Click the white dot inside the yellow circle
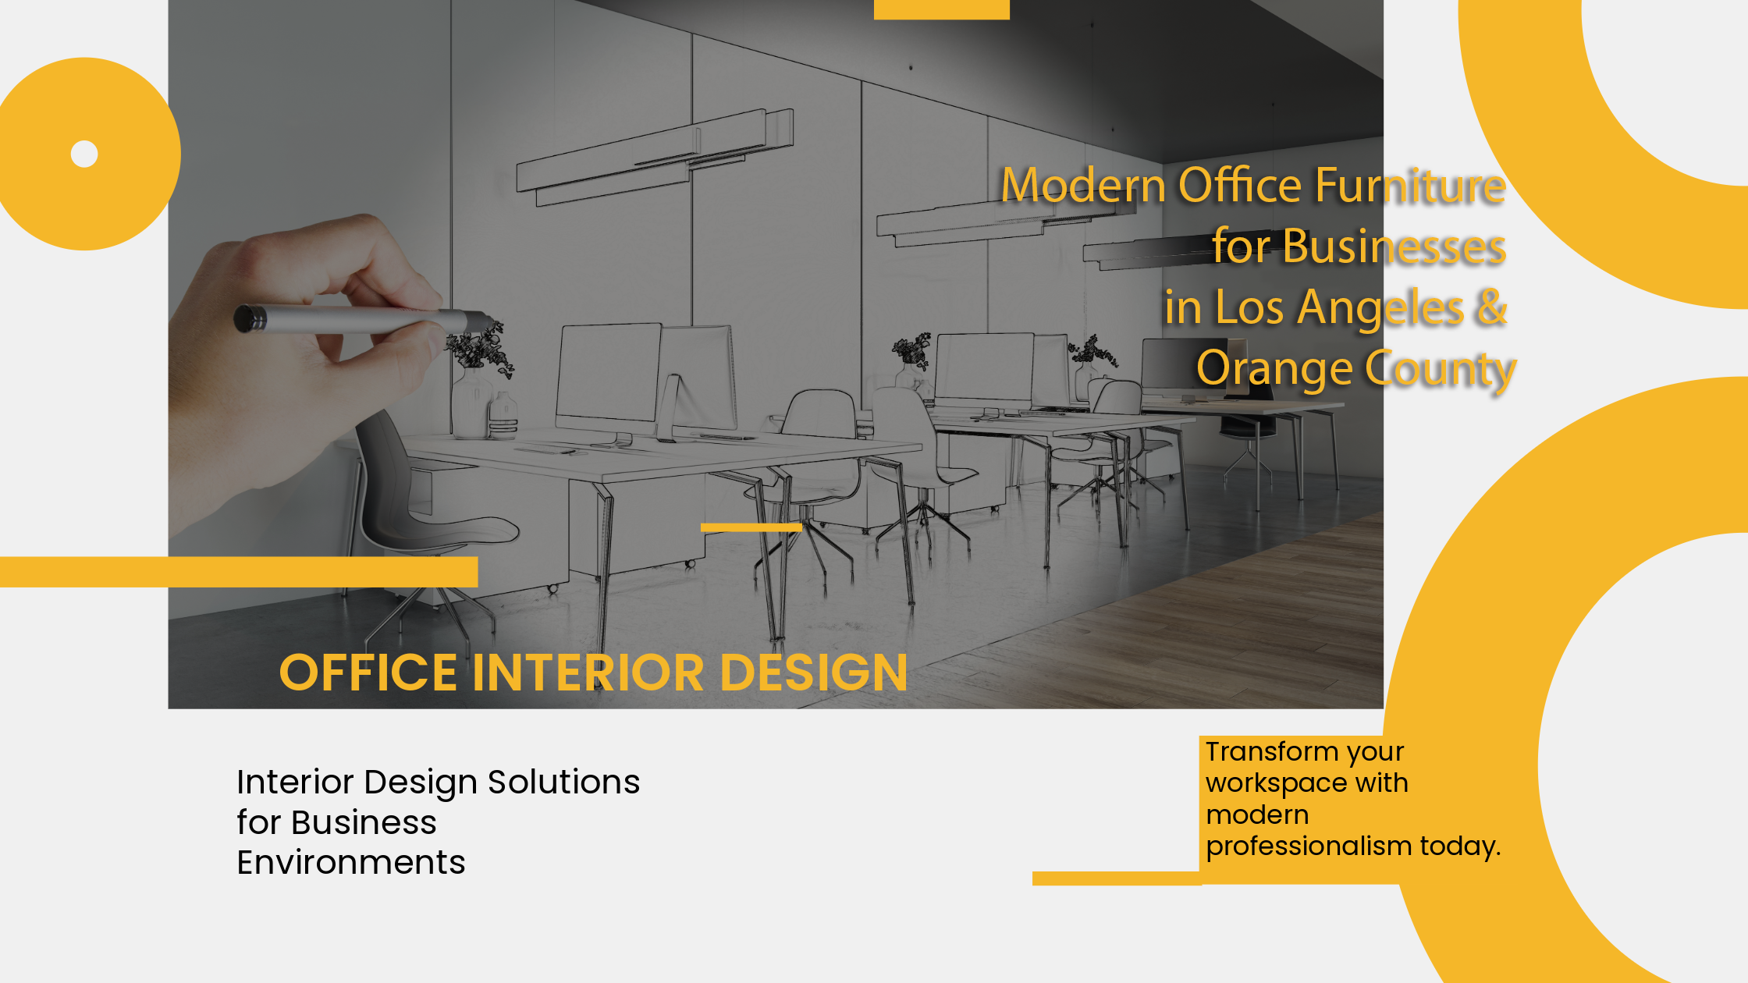point(84,154)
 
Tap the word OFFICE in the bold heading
point(368,672)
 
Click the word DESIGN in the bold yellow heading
point(814,672)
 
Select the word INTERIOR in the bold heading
point(588,672)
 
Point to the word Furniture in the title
point(1410,185)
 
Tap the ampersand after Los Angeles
point(1491,307)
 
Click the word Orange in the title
point(1274,368)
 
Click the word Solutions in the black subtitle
point(563,782)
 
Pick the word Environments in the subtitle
point(351,862)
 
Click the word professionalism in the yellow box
point(1309,846)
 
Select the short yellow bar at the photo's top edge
point(942,9)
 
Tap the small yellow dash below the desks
point(751,527)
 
